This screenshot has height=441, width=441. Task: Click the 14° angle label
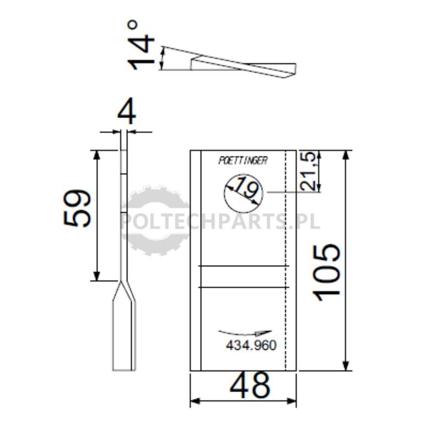(141, 45)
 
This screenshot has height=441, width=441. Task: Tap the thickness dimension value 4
(127, 111)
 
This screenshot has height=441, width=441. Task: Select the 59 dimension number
(77, 208)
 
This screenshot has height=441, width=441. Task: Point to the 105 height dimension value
(326, 272)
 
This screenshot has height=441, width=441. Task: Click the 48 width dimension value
(250, 385)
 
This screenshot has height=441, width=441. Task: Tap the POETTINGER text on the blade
(243, 160)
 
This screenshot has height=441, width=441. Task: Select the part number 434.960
(251, 345)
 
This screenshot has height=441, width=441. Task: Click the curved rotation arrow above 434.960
(244, 334)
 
